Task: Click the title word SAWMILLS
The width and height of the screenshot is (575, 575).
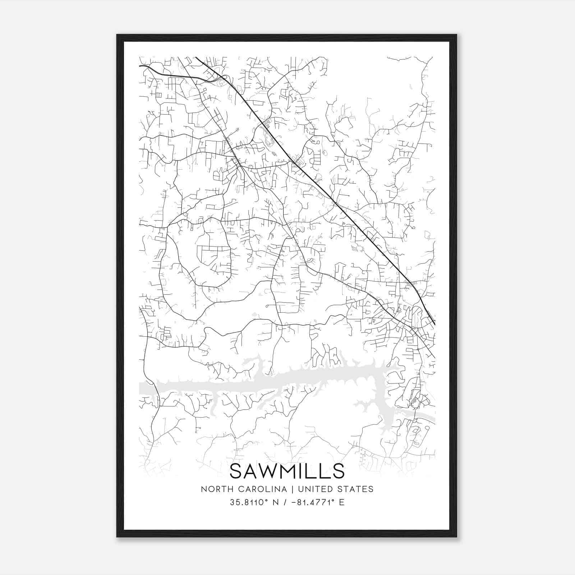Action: click(x=287, y=471)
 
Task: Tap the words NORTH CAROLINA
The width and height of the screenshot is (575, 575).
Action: click(x=244, y=489)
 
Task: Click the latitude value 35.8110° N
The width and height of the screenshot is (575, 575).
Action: click(x=251, y=502)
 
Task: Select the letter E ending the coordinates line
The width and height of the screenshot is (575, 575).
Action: click(x=342, y=502)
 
